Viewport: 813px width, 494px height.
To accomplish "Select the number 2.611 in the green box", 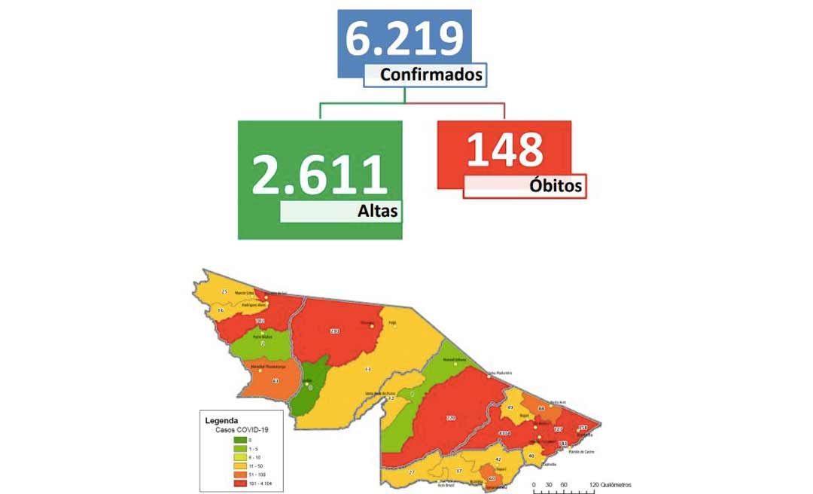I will point(319,174).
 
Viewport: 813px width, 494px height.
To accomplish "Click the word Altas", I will point(377,212).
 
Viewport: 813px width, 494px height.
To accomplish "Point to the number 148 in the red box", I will point(504,148).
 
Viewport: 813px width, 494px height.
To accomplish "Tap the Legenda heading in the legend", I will point(221,420).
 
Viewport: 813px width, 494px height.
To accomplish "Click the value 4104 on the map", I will point(504,433).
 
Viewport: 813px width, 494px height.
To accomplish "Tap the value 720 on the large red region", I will point(451,416).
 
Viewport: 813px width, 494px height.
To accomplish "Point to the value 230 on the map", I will point(334,331).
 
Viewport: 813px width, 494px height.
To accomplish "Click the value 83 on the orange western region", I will point(276,381).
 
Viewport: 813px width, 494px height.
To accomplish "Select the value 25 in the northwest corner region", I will point(224,292).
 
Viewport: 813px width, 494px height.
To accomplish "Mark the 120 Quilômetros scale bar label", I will point(611,485).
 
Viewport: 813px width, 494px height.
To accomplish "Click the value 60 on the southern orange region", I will point(492,478).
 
